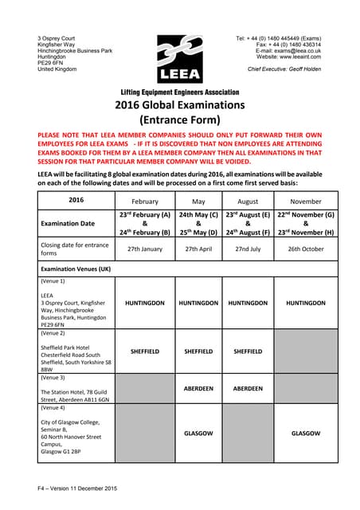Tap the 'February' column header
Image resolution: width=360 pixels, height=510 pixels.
[144, 202]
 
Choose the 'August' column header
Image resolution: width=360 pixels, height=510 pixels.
[248, 202]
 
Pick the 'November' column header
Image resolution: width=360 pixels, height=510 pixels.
[306, 202]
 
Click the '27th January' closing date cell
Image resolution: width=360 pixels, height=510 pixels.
[144, 249]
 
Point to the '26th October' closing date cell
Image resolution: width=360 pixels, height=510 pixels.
[306, 249]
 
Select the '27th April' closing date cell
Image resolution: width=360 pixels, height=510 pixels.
[198, 249]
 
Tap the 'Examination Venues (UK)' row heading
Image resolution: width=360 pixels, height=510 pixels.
[76, 269]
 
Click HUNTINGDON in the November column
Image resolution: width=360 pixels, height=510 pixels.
[306, 303]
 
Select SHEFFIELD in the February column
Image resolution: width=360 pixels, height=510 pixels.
[144, 351]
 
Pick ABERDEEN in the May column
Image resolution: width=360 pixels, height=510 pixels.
[198, 389]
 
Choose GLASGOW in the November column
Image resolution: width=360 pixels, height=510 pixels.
[306, 433]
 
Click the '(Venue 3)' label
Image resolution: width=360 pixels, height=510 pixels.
[53, 377]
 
